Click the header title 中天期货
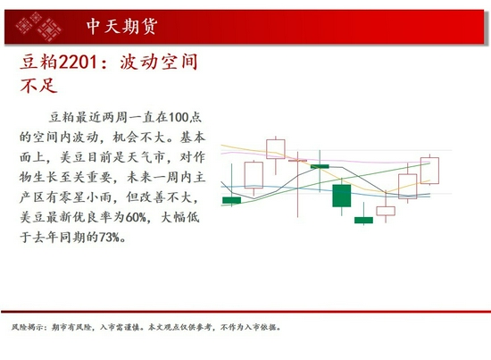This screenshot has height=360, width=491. (122, 26)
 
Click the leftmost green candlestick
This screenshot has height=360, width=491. (231, 200)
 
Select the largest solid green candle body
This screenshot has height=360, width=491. (342, 196)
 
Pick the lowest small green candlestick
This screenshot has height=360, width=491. (363, 220)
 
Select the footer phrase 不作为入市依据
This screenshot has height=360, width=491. (251, 327)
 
